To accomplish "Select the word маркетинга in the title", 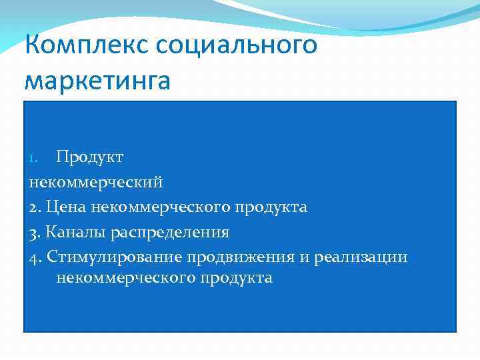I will click(97, 81).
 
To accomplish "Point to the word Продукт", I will click(89, 157).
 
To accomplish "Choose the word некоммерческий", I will click(96, 182).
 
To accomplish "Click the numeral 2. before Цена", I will click(36, 207).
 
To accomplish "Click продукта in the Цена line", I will click(269, 207).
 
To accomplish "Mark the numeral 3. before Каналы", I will click(36, 233).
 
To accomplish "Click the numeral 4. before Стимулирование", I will click(36, 257).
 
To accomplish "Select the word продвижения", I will click(242, 257).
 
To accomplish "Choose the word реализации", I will click(363, 257).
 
